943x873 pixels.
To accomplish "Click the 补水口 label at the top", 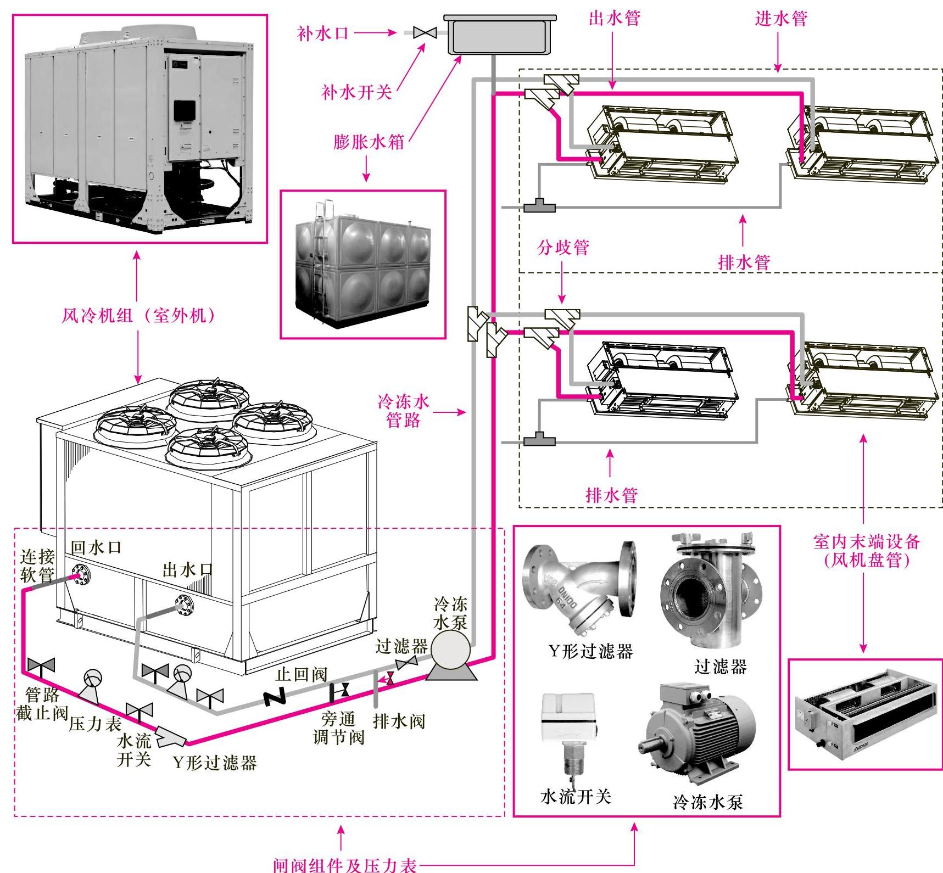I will coord(323,33).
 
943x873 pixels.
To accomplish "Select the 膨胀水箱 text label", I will coord(369,142).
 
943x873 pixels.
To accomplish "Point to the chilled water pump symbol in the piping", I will coord(450,653).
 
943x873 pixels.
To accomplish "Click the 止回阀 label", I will coord(301,675).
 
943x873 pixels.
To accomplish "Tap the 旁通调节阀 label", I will coord(338,727).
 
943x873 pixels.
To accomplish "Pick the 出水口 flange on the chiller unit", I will coord(184,603).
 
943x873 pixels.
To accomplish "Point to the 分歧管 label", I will coord(563,248).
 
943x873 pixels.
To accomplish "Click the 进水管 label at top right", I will coord(781,19).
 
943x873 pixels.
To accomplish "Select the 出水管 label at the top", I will coord(614,18).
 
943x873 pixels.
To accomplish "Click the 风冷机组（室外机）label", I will coord(137,316).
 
